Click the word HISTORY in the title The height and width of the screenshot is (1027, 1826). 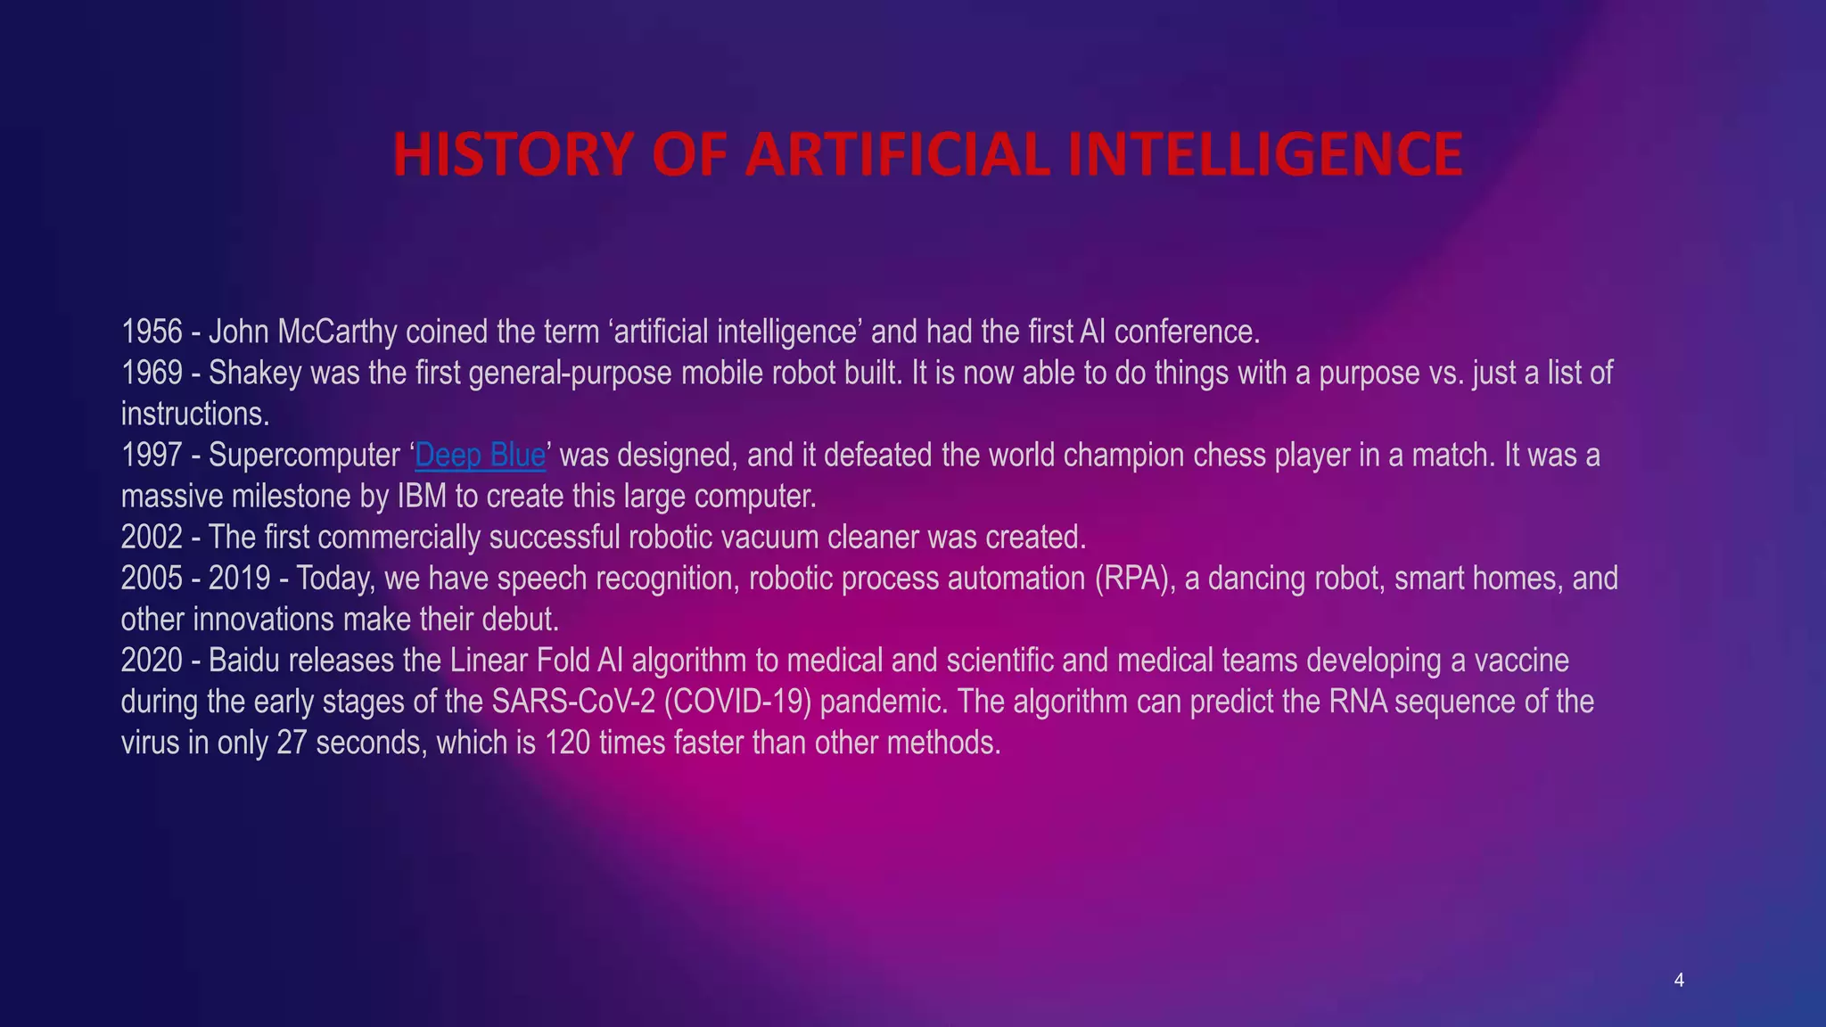(513, 154)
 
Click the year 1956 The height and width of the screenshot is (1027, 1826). (152, 332)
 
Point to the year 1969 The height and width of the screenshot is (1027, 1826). (152, 373)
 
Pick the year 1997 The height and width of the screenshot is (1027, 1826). (152, 455)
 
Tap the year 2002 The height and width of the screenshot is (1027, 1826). (152, 537)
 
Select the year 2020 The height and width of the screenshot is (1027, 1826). (152, 661)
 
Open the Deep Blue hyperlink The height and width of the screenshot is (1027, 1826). (480, 455)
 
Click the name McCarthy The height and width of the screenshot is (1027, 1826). (337, 332)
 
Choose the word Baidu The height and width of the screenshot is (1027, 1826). (243, 661)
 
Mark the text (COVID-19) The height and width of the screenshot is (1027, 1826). (737, 702)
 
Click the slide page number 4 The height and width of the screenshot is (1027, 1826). (1679, 981)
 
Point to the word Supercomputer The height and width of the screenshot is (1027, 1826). (304, 455)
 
